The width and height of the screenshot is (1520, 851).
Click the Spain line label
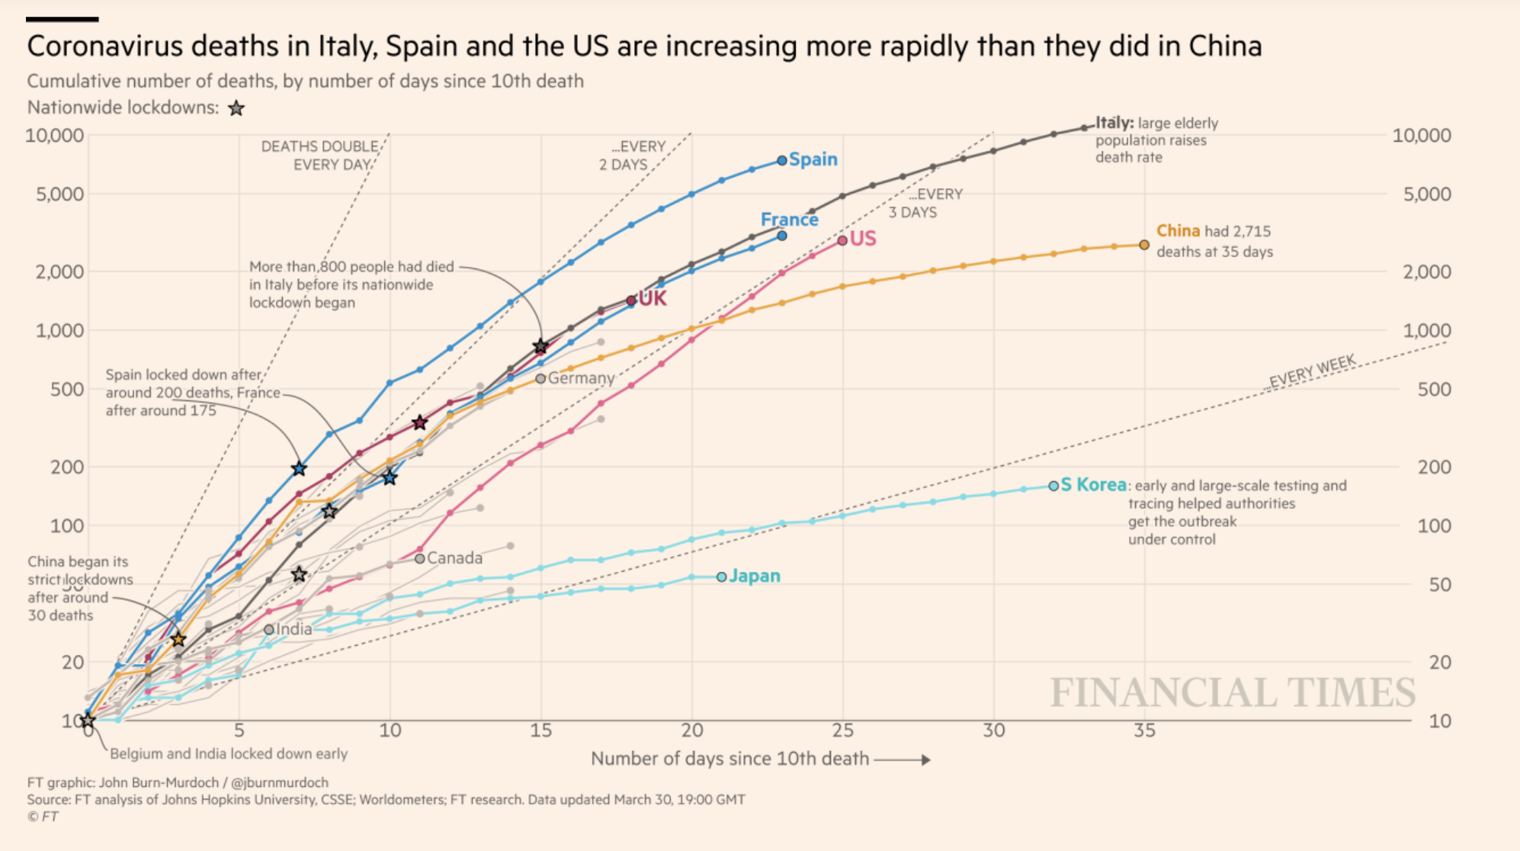click(813, 159)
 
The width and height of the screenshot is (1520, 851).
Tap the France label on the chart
click(789, 220)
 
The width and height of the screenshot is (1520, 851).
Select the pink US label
click(863, 239)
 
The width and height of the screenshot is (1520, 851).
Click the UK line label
click(653, 298)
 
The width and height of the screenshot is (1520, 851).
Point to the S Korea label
click(1093, 485)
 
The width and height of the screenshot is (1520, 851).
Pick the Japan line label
click(754, 576)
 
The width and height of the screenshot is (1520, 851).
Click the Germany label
click(581, 378)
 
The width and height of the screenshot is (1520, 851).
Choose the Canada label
click(454, 558)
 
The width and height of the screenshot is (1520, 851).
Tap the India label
click(293, 629)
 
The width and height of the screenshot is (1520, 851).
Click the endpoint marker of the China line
click(1144, 245)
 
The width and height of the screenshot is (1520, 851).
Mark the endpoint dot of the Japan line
click(721, 577)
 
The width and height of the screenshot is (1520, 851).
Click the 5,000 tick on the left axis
click(59, 194)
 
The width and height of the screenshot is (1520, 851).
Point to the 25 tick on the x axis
click(842, 731)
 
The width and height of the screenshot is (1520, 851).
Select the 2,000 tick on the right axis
click(1427, 271)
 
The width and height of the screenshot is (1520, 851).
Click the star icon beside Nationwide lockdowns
click(236, 108)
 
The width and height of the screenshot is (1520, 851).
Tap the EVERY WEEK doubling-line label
click(1312, 371)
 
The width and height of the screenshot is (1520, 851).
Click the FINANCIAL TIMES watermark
click(1232, 692)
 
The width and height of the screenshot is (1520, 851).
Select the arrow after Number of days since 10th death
click(903, 759)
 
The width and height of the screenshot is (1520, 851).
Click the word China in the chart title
click(1223, 47)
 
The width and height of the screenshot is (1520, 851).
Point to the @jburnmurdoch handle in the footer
click(280, 782)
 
